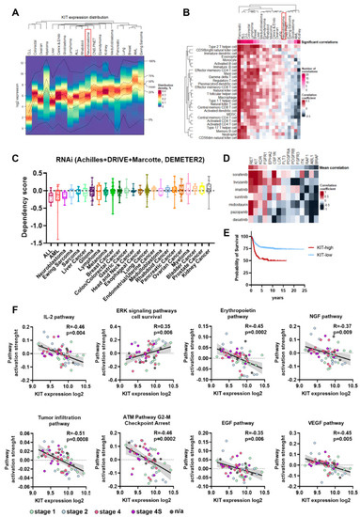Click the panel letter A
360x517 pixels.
pyautogui.click(x=7, y=8)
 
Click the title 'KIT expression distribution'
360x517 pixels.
pyautogui.click(x=90, y=7)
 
